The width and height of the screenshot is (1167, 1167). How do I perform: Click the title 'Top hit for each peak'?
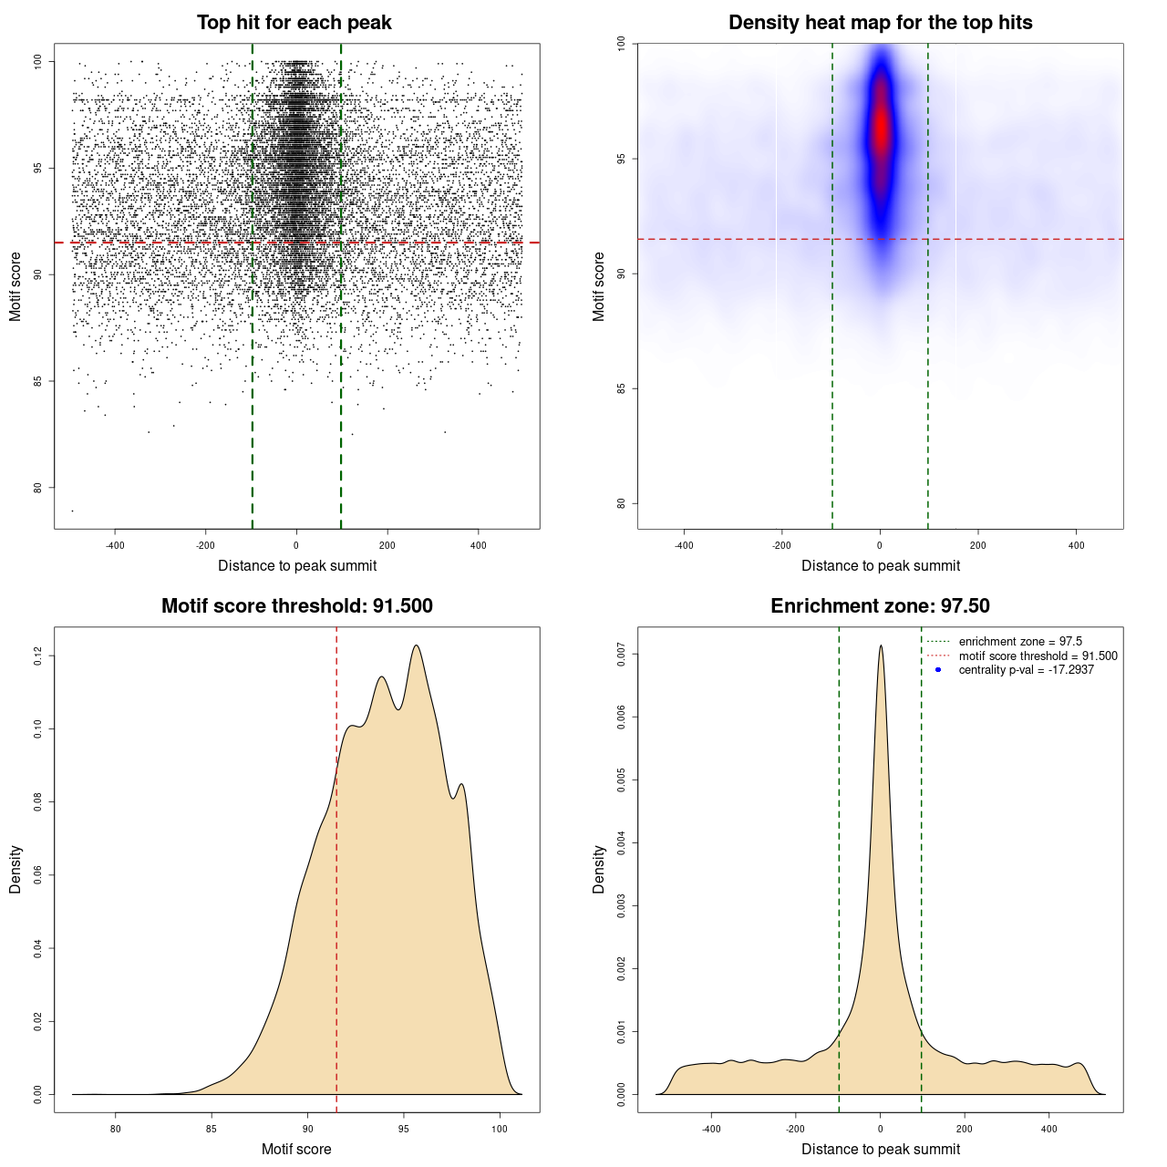click(x=294, y=23)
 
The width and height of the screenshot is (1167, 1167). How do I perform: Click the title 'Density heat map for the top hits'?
click(x=880, y=23)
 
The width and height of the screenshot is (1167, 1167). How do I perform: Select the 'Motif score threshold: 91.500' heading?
click(x=296, y=606)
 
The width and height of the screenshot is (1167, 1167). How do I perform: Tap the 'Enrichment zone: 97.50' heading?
click(x=880, y=606)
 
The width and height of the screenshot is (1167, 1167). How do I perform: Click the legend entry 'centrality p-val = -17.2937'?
click(x=1026, y=670)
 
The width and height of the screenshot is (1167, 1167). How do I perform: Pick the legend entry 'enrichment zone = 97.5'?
click(x=1020, y=642)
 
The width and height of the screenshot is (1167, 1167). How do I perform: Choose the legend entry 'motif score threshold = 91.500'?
click(x=1038, y=656)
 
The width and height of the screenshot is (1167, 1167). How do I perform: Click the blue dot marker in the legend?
click(x=938, y=670)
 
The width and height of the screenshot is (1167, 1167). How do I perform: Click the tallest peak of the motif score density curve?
click(x=417, y=645)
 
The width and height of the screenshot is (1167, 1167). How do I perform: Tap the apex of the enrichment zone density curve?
click(x=881, y=645)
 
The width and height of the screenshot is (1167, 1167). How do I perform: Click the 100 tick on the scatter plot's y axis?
click(x=38, y=61)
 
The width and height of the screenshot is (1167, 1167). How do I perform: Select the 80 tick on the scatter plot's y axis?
click(x=38, y=487)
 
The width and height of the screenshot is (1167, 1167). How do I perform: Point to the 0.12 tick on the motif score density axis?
click(x=38, y=656)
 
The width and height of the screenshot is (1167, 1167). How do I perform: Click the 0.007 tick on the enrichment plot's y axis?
click(x=622, y=654)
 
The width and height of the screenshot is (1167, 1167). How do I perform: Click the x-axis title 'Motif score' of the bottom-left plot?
click(x=296, y=1150)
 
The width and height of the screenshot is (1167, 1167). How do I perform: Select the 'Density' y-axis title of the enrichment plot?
click(x=599, y=869)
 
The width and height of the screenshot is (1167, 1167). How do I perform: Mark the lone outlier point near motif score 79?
click(x=72, y=511)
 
